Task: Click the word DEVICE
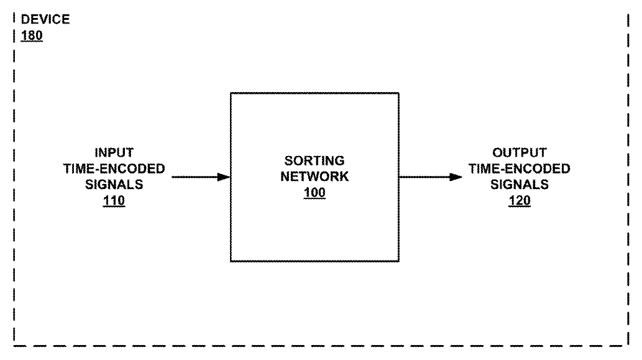click(45, 19)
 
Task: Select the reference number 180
click(32, 35)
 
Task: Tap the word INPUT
click(114, 153)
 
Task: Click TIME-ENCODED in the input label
click(114, 168)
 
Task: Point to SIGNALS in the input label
click(114, 185)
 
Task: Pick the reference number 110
click(114, 201)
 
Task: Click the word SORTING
click(314, 160)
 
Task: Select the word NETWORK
click(314, 177)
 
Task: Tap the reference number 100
click(314, 193)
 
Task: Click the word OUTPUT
click(519, 153)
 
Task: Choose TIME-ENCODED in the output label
click(519, 168)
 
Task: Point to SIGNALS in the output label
click(519, 185)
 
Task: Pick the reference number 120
click(519, 201)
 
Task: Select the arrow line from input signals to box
click(201, 177)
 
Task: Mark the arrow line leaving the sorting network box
click(431, 177)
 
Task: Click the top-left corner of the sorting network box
click(231, 93)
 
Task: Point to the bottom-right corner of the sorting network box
click(399, 261)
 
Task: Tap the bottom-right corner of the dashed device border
click(628, 346)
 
